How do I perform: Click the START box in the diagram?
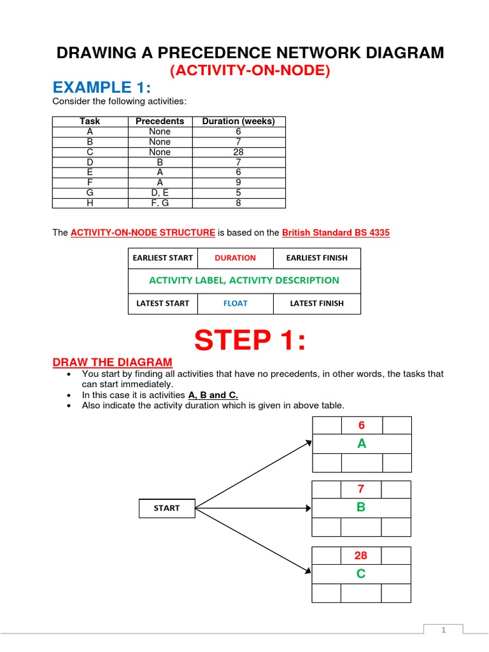click(167, 508)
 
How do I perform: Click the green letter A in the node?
click(362, 444)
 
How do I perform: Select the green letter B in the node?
click(361, 507)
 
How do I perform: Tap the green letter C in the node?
click(361, 574)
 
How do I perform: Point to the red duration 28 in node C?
click(361, 555)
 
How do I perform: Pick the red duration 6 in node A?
click(362, 425)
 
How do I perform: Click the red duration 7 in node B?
click(361, 489)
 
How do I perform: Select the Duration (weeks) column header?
click(238, 121)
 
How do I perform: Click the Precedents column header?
click(160, 121)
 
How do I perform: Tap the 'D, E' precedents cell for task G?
click(160, 193)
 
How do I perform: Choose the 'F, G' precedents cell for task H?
click(160, 203)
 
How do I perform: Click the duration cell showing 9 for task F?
click(238, 183)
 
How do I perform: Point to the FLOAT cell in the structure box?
click(235, 304)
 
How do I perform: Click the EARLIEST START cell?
click(163, 258)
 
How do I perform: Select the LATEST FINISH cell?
click(316, 304)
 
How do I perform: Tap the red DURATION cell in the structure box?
click(235, 258)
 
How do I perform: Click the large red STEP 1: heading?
click(250, 341)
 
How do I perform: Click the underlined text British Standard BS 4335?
click(336, 233)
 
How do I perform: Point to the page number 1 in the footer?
click(444, 630)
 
